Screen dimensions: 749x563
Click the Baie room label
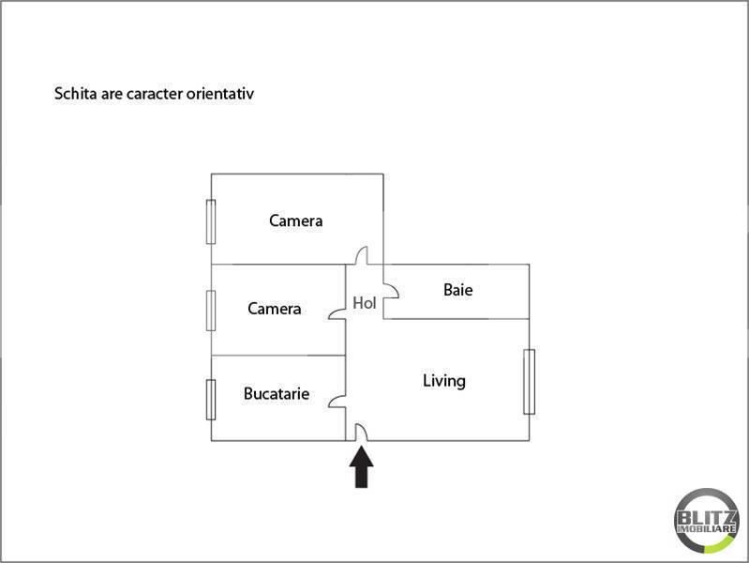pyautogui.click(x=458, y=290)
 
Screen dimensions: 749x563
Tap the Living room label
pyautogui.click(x=444, y=381)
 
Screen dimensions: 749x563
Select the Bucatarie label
pyautogui.click(x=277, y=394)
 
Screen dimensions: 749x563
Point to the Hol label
pyautogui.click(x=365, y=303)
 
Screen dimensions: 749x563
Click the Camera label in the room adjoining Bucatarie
pyautogui.click(x=274, y=309)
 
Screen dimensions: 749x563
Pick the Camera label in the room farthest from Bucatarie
pyautogui.click(x=295, y=221)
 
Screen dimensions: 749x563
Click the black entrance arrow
pyautogui.click(x=362, y=467)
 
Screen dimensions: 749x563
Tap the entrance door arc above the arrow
pyautogui.click(x=361, y=432)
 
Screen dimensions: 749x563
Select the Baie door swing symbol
pyautogui.click(x=391, y=291)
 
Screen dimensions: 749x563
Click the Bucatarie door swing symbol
pyautogui.click(x=337, y=402)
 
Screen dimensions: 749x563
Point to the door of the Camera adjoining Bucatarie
pyautogui.click(x=337, y=313)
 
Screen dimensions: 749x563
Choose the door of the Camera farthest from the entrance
pyautogui.click(x=362, y=255)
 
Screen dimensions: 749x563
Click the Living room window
pyautogui.click(x=530, y=382)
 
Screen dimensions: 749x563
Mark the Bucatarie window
pyautogui.click(x=211, y=400)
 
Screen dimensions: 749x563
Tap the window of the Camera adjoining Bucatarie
pyautogui.click(x=211, y=311)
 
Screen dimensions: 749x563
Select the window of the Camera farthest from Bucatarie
pyautogui.click(x=211, y=222)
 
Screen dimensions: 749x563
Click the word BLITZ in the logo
pyautogui.click(x=706, y=518)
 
